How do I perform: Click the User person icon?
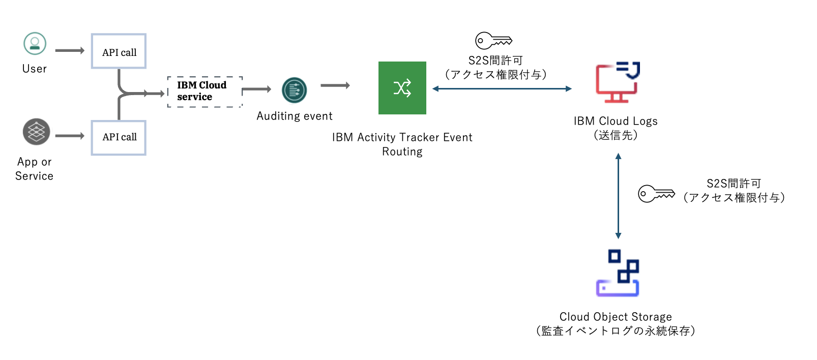point(35,44)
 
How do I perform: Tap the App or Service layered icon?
point(36,132)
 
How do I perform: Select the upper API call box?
point(119,51)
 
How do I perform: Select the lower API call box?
point(119,137)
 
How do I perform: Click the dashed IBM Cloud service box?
point(205,92)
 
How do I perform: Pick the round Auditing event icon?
point(295,91)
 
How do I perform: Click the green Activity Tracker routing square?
point(402,88)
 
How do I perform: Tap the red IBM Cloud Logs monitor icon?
point(617,82)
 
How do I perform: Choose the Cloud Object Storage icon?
point(618,273)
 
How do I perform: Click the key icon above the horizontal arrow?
point(493,41)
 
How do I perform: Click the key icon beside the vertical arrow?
point(656,194)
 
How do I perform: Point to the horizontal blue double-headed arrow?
point(502,89)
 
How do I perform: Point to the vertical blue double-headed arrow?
point(618,196)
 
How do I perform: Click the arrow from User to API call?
point(70,50)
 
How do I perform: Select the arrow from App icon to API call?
point(70,136)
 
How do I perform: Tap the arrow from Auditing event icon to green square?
point(335,85)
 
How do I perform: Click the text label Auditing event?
point(294,116)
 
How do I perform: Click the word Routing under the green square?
point(402,152)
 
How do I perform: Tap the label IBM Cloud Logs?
point(616,121)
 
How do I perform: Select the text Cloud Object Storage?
point(616,317)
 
